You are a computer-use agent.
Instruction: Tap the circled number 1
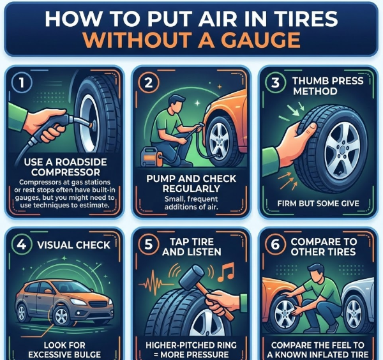22,83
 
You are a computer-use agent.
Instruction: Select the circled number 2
149,82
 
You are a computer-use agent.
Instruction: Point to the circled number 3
275,82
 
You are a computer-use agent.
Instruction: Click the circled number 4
22,244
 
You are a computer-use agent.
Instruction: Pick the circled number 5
149,244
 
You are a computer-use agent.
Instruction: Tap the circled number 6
275,244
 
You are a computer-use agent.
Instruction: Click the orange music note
225,273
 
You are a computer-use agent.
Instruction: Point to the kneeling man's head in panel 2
177,104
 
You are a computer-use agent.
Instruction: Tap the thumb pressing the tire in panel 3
309,129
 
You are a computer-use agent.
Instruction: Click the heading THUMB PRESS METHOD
327,86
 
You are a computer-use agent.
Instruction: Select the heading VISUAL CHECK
74,245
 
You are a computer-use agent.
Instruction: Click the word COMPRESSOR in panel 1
66,172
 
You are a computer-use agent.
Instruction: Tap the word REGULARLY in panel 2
191,189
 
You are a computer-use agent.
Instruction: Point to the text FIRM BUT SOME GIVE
318,204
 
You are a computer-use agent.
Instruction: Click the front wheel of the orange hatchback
61,316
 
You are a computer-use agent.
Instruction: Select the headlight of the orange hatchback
78,302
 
